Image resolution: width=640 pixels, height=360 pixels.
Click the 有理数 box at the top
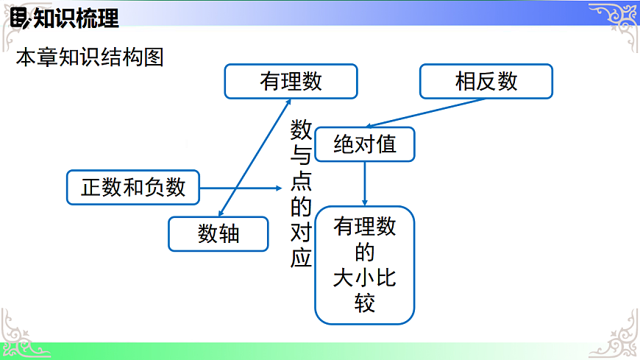click(x=291, y=81)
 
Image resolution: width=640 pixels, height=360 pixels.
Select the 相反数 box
click(x=486, y=81)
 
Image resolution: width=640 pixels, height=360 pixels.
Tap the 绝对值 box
click(x=365, y=144)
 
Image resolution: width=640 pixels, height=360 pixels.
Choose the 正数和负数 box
click(x=133, y=187)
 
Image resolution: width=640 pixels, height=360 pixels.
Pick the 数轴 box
click(x=218, y=233)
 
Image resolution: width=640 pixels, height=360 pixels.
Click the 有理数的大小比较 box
click(x=365, y=265)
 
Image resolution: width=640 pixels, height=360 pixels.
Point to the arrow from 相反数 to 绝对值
click(x=427, y=112)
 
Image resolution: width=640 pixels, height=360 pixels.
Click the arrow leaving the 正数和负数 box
click(x=243, y=188)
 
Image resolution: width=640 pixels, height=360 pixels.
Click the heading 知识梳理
click(x=77, y=18)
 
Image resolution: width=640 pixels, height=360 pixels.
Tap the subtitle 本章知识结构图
click(x=89, y=57)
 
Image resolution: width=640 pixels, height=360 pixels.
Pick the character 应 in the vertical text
click(x=302, y=258)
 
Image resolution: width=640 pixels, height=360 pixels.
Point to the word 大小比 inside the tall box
click(x=365, y=278)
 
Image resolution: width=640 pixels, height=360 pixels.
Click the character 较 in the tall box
click(x=365, y=303)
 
